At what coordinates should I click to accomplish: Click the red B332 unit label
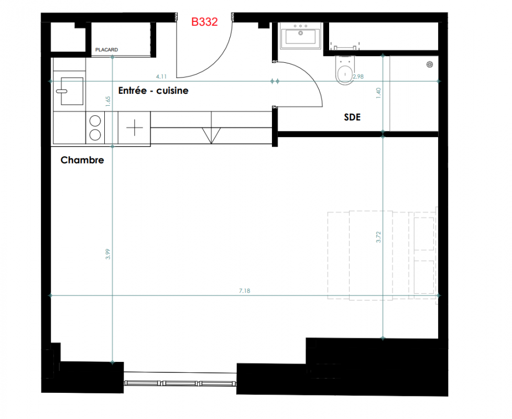[204, 22]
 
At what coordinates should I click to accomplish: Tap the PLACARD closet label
[106, 50]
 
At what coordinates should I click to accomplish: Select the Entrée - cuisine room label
[153, 91]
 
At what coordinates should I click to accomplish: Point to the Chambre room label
[82, 160]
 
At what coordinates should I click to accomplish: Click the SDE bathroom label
[352, 117]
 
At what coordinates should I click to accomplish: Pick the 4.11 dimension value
[161, 76]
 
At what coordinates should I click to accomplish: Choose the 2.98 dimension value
[358, 76]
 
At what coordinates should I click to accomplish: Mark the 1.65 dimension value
[108, 101]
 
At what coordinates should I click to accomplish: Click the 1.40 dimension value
[378, 93]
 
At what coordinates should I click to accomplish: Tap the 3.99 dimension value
[108, 254]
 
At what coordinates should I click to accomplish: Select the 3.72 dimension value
[378, 237]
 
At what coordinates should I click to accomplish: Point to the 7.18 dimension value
[245, 291]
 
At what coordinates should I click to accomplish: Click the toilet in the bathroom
[344, 71]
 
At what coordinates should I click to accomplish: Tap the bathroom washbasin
[300, 36]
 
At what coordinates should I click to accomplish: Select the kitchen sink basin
[72, 91]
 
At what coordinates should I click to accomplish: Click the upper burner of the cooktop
[95, 121]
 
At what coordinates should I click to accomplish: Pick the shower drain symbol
[430, 64]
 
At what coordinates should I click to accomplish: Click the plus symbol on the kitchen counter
[135, 128]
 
